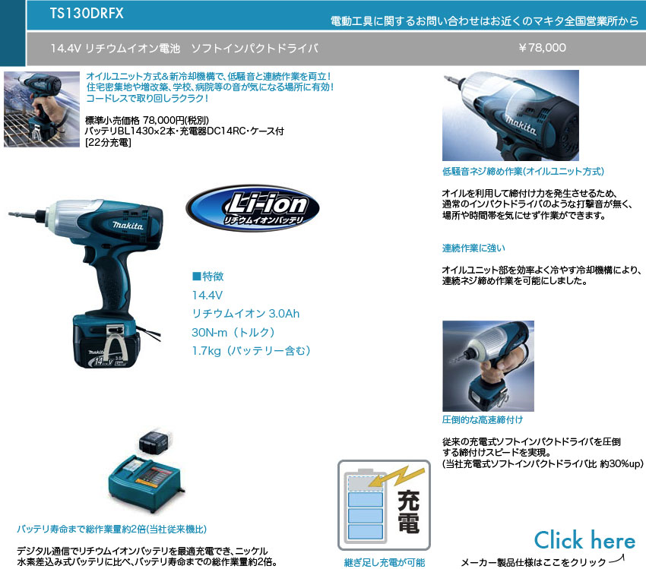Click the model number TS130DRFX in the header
click(87, 13)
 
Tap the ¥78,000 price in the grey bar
click(542, 48)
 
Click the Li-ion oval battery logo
click(252, 208)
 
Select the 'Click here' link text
click(584, 540)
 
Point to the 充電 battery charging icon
click(384, 505)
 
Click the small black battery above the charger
click(154, 443)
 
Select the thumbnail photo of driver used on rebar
click(42, 109)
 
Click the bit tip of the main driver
click(10, 213)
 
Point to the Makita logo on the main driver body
click(128, 226)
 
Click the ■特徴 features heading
click(208, 277)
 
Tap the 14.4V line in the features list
click(207, 296)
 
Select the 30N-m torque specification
click(233, 332)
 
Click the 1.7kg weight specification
click(252, 351)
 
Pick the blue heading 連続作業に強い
click(473, 248)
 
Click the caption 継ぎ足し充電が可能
click(385, 562)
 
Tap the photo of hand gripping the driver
click(488, 366)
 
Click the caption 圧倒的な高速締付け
click(483, 420)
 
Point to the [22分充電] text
click(108, 143)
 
